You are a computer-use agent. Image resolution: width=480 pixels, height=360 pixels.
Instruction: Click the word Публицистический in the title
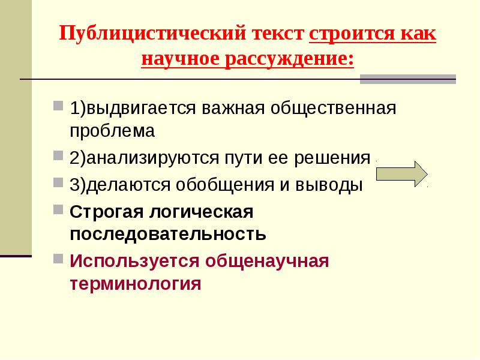point(152,33)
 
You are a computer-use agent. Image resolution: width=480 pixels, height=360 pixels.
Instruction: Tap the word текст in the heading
point(278,34)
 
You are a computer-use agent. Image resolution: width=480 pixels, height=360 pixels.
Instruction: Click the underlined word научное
point(181,59)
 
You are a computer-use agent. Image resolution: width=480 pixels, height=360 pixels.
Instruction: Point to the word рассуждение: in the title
point(290,59)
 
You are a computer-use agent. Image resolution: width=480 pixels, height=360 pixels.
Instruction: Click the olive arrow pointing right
point(401,174)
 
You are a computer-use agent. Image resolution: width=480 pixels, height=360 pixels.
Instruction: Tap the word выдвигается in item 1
point(141,108)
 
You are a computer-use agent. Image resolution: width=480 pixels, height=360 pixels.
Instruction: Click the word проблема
point(112,131)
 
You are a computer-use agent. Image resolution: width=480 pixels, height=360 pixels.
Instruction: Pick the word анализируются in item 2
point(153,158)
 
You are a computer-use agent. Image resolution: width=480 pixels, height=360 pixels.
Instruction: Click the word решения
point(332,158)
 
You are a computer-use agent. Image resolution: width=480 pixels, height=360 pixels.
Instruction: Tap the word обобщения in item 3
point(225,185)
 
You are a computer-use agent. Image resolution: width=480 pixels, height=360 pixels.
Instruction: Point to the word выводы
point(329,185)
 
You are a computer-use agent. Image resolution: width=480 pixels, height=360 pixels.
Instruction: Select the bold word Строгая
point(106,212)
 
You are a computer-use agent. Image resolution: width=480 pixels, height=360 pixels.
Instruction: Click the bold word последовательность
point(168,235)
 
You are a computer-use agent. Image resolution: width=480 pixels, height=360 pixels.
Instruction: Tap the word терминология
point(136,284)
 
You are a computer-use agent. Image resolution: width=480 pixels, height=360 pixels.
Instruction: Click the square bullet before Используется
point(58,259)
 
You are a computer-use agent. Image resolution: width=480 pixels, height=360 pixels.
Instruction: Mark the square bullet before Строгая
point(58,209)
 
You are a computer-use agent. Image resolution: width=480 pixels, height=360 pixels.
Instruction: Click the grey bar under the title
point(408,79)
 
